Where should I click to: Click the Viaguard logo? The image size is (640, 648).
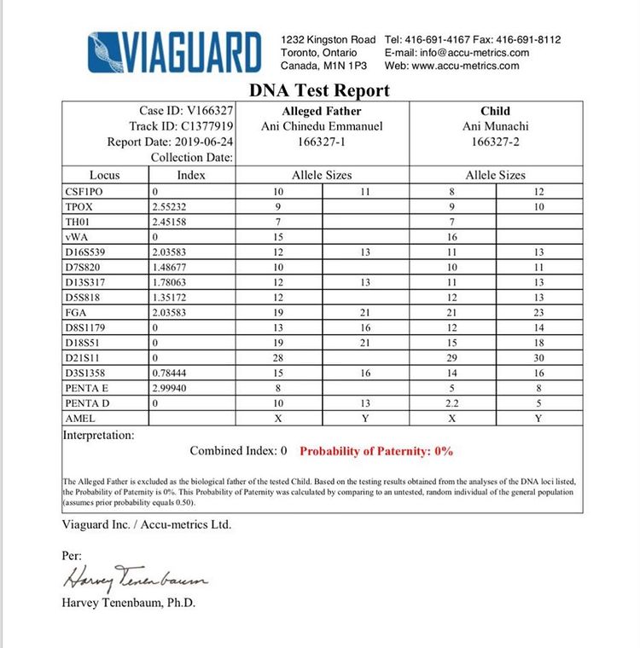click(x=174, y=52)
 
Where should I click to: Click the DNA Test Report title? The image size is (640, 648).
click(x=319, y=90)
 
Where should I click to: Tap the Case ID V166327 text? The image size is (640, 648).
click(x=187, y=111)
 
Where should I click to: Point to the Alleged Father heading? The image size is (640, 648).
click(x=321, y=111)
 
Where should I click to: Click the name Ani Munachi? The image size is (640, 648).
click(x=495, y=126)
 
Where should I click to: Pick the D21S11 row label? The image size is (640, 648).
click(x=82, y=357)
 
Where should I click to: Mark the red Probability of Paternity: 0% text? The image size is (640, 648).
click(x=376, y=451)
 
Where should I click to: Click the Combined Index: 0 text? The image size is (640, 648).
click(x=238, y=451)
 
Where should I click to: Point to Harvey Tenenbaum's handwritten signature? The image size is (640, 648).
click(x=135, y=579)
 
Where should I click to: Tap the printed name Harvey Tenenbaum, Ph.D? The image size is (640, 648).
click(x=129, y=603)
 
